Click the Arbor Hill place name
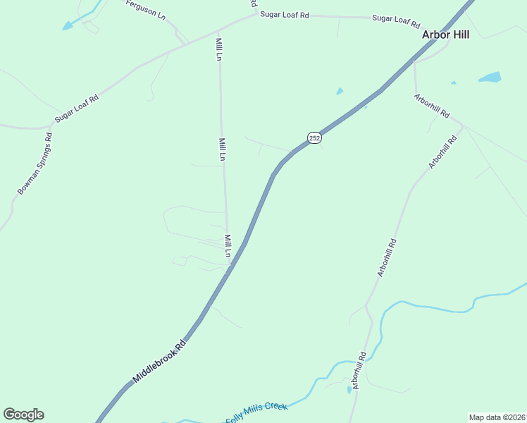(445, 34)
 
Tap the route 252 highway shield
(314, 137)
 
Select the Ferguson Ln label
(146, 10)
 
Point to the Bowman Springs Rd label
(35, 164)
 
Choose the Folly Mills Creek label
(256, 413)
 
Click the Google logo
(23, 415)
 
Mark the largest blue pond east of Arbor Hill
(490, 77)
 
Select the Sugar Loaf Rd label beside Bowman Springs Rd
(77, 109)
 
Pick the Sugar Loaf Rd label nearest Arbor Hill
(395, 19)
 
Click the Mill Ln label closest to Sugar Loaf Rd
(219, 49)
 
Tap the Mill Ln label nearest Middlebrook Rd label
(228, 246)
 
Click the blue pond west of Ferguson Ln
(68, 26)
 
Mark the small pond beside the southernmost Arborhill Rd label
(349, 389)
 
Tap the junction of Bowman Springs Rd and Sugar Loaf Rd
(51, 128)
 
